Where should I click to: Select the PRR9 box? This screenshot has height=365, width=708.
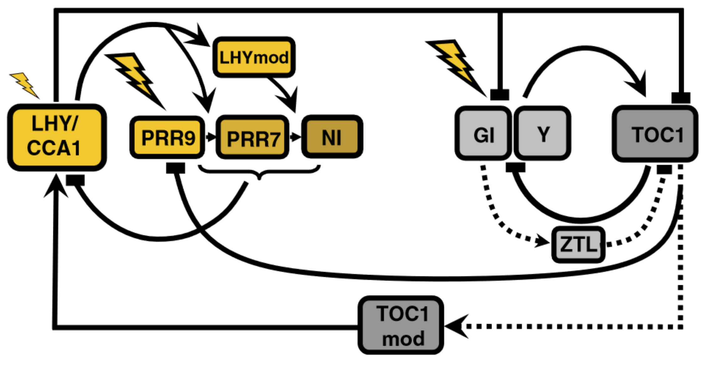tap(168, 137)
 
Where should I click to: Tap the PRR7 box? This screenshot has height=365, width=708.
tap(253, 137)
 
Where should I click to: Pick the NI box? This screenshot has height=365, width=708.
tap(332, 137)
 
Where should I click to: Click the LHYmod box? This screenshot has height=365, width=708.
tap(254, 57)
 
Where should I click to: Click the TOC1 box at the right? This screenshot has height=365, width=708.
tap(655, 134)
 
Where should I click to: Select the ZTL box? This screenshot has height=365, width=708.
tap(578, 244)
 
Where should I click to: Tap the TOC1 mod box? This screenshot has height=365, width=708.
tap(401, 325)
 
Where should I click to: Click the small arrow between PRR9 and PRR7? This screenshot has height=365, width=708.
tap(211, 137)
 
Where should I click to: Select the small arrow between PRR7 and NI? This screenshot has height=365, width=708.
tap(295, 137)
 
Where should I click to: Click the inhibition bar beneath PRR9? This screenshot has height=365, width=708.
tap(175, 168)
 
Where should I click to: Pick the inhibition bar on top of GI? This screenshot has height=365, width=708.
tap(500, 95)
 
